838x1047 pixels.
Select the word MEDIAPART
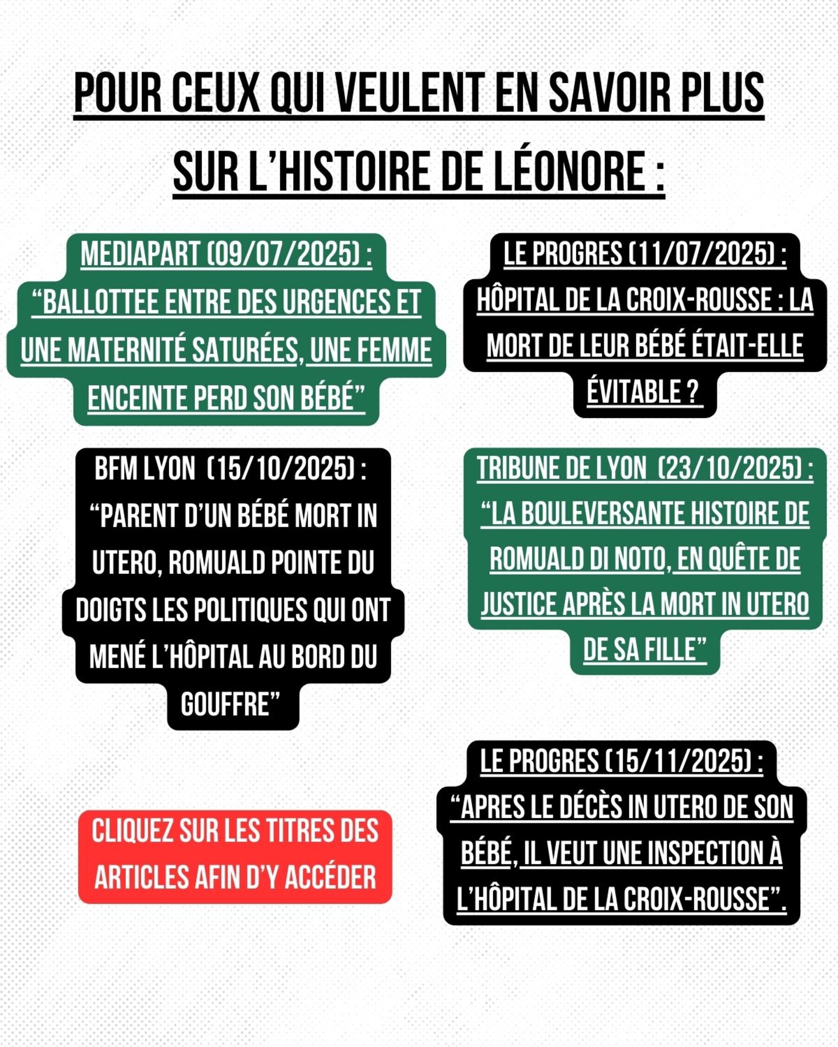tap(141, 254)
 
